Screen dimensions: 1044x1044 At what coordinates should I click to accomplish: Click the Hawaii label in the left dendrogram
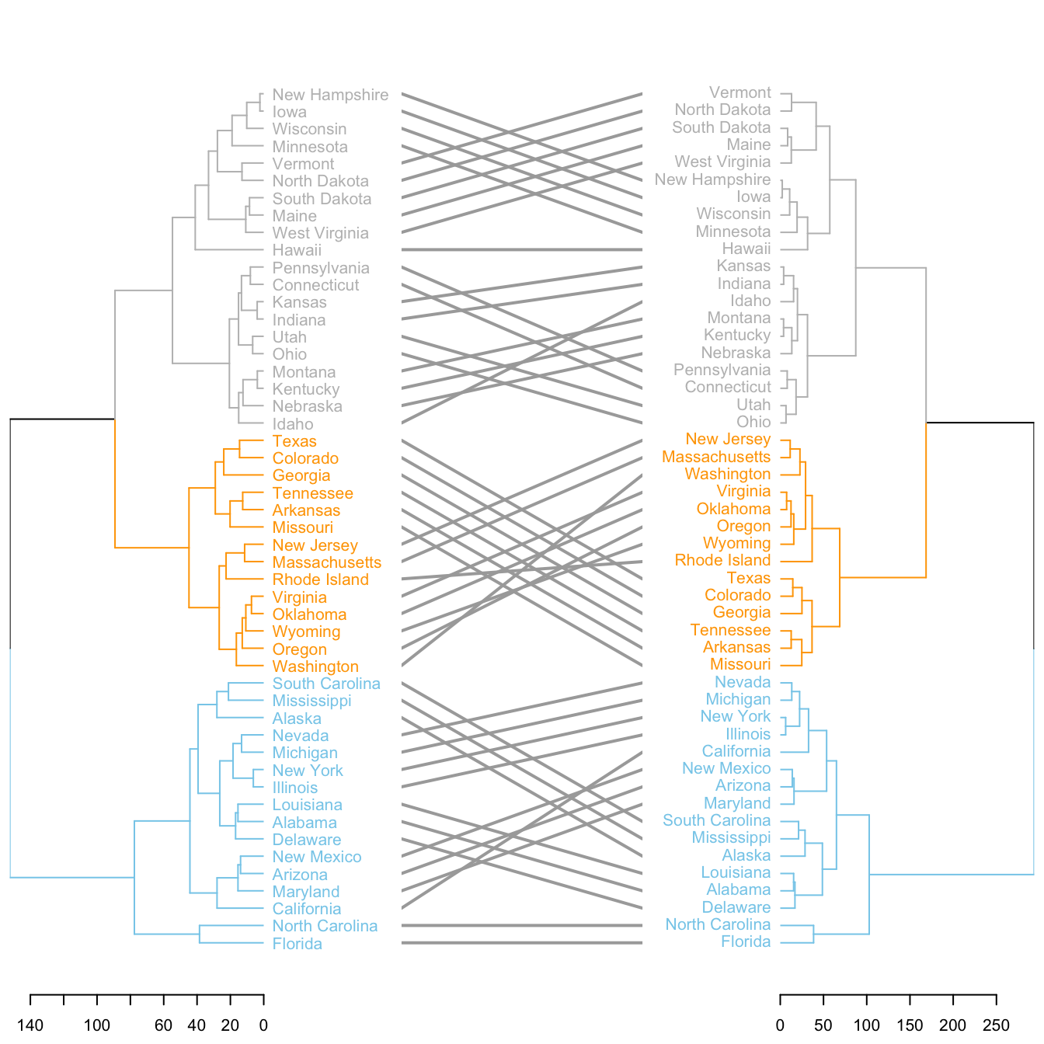pos(297,250)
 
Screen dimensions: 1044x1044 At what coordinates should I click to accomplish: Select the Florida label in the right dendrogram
pos(746,942)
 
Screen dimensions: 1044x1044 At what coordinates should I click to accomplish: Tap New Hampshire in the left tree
pos(330,95)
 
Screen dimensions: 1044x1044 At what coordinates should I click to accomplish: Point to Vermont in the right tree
pos(740,92)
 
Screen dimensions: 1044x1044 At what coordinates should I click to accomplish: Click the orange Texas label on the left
pos(294,441)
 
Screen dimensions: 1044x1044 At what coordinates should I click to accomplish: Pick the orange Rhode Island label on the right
pos(722,560)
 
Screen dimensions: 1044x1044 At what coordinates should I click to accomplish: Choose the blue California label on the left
pos(307,909)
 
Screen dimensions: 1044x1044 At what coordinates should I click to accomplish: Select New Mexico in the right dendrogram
pos(726,768)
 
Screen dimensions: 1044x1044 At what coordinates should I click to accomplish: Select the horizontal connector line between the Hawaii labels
pos(522,249)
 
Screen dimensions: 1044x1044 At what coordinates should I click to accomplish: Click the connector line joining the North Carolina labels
pos(522,925)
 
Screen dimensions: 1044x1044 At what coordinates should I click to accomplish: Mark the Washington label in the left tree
pos(315,666)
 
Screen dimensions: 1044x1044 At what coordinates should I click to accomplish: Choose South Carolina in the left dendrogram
pos(326,684)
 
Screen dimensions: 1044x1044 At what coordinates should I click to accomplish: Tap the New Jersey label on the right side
pos(728,439)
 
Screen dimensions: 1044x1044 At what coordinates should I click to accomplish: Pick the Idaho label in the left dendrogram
pos(293,424)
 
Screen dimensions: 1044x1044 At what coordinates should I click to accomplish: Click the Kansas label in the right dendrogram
pos(743,266)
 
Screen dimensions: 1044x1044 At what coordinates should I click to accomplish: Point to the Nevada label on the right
pos(743,682)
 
